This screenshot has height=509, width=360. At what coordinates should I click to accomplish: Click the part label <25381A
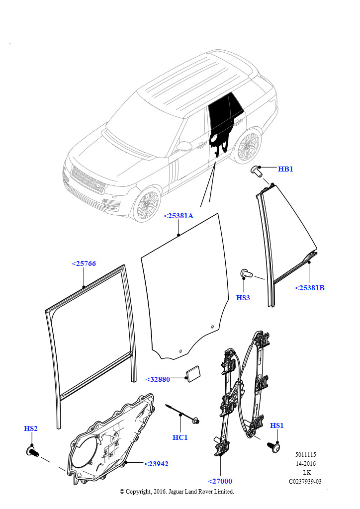(179, 216)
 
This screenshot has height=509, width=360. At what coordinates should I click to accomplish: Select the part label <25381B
(309, 288)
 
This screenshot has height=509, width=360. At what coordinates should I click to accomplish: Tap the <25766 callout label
(84, 263)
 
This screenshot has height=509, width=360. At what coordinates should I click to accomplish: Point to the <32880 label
(158, 379)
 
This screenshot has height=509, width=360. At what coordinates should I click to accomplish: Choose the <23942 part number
(156, 464)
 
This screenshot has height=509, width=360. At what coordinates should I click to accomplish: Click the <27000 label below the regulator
(220, 481)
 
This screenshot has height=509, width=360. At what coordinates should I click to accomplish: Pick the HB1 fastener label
(285, 169)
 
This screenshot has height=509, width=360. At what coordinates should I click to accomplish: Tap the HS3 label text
(243, 298)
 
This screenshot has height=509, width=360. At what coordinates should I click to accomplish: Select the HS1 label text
(277, 425)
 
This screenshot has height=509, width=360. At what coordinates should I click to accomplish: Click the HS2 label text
(31, 428)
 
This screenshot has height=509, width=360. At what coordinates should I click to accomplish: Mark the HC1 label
(180, 437)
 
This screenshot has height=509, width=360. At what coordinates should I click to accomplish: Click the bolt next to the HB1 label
(257, 170)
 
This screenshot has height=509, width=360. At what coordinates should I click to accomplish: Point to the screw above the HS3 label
(246, 273)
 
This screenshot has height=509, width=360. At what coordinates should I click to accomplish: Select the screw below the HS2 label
(33, 451)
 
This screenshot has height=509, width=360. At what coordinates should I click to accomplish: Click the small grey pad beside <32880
(192, 374)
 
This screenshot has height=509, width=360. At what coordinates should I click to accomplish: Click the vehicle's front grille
(88, 180)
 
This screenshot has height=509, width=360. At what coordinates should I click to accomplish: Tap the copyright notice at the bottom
(177, 492)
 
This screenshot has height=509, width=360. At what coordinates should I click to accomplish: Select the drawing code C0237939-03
(305, 481)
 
